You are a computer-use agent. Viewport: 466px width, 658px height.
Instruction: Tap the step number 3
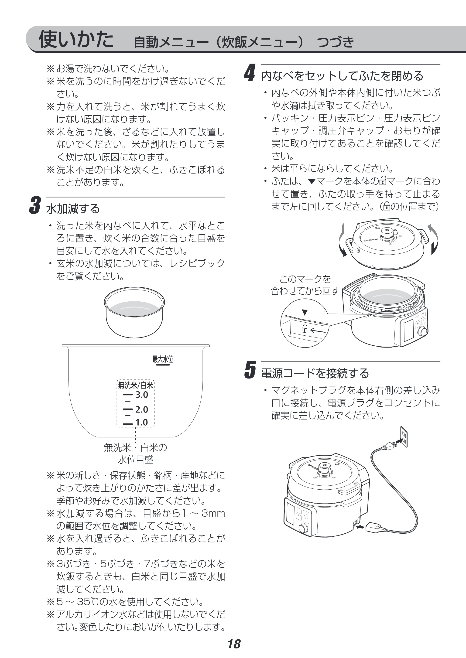tap(35, 205)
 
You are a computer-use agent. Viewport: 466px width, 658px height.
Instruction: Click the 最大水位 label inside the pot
tap(163, 359)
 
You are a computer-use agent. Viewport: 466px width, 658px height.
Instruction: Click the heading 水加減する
tap(73, 208)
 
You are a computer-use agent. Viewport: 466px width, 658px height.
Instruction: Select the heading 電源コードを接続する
tap(315, 373)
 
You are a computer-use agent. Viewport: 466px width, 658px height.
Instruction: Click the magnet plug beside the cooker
tap(374, 527)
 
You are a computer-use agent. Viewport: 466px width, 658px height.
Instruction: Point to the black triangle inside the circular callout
tap(305, 312)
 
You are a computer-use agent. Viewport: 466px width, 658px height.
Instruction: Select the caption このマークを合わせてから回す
tap(305, 285)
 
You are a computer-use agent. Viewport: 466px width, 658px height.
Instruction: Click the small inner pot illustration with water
tap(134, 312)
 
